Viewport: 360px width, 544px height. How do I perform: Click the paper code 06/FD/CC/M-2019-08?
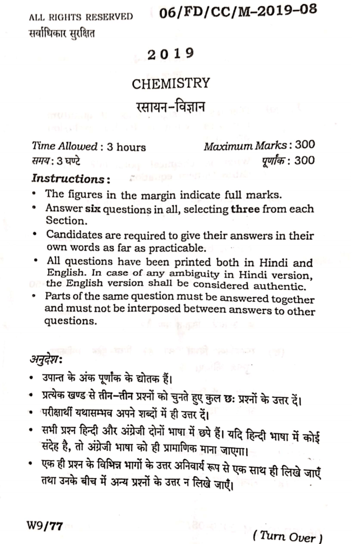238,12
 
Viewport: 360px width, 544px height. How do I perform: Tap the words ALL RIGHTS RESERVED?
81,17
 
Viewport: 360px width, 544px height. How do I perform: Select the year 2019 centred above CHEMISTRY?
171,54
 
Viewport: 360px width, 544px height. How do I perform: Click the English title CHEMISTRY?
171,84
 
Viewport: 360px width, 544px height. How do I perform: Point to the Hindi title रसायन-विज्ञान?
171,108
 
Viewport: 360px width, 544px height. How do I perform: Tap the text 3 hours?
126,147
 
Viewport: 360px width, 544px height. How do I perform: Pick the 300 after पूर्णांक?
305,161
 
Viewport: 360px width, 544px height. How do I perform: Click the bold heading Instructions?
69,178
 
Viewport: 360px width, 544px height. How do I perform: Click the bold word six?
93,209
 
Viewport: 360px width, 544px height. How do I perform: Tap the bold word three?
245,209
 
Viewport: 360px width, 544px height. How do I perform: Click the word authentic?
280,286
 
